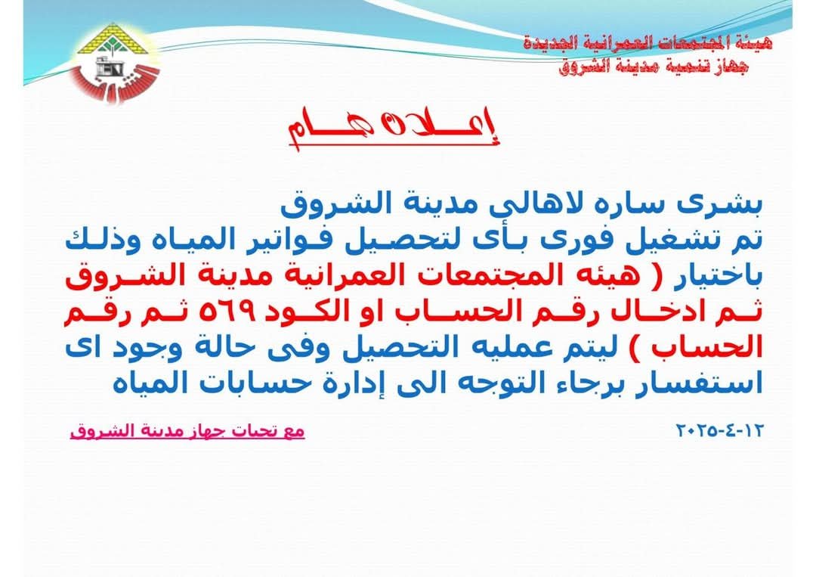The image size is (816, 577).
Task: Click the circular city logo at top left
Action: tap(116, 63)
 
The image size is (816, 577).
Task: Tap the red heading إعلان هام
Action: tap(394, 128)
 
